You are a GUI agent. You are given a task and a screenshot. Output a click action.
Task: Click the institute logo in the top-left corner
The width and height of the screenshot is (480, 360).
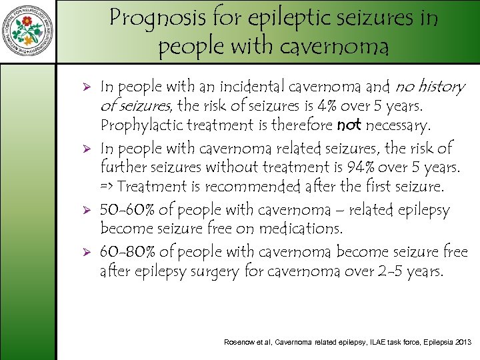[x=27, y=31]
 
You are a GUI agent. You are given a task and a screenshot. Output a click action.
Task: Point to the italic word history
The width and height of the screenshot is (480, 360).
[x=441, y=87]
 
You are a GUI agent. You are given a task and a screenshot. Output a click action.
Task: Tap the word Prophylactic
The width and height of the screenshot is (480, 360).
[x=139, y=125]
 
